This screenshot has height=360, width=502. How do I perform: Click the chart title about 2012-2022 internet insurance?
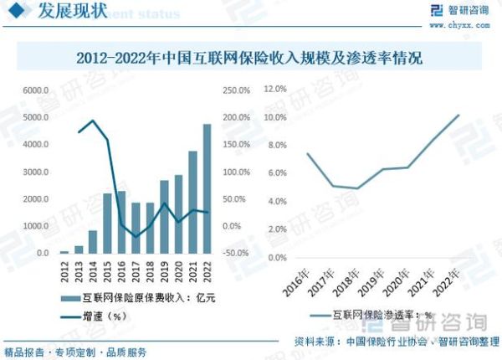point(249,59)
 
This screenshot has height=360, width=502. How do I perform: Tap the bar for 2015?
point(107,223)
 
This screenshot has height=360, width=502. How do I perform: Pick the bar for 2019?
point(164,216)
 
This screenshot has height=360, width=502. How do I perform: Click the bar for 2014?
point(93,241)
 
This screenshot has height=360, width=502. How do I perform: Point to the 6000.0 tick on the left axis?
point(36,90)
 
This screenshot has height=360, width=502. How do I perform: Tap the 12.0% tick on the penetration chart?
point(275,88)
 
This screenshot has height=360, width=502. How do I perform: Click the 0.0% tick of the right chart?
point(278,257)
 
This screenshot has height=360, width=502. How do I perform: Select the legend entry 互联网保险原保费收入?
point(142,298)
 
